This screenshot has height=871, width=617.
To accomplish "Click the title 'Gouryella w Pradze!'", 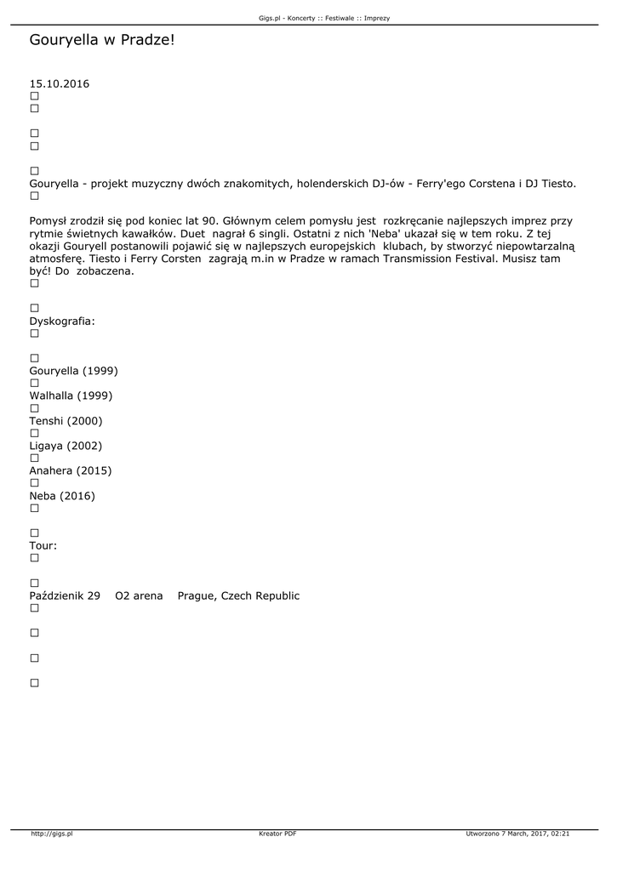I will point(101,40).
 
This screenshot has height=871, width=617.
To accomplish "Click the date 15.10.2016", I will point(60,84).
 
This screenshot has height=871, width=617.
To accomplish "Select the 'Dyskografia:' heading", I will point(62,322).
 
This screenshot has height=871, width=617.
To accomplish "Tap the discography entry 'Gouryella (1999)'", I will point(73,371).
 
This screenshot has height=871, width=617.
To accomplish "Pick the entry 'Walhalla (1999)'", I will point(71,396).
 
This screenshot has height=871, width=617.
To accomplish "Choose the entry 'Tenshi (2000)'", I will point(66,421).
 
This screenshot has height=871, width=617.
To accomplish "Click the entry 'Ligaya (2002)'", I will point(66,446).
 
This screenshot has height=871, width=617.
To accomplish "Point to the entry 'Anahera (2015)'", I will point(71,470).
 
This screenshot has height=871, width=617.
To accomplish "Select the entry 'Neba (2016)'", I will point(62,496).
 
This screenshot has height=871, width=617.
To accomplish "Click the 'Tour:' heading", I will point(43,545).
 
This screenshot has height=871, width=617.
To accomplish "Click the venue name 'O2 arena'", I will point(139,596).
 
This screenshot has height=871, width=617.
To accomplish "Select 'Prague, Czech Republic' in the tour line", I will point(238,596).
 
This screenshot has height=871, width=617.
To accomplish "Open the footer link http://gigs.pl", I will point(52,834).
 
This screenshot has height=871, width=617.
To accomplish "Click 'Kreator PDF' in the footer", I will point(277,834).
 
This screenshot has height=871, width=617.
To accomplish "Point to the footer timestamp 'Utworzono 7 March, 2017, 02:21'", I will point(517,834).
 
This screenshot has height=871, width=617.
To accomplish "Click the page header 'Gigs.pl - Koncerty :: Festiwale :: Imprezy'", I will point(324,18).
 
